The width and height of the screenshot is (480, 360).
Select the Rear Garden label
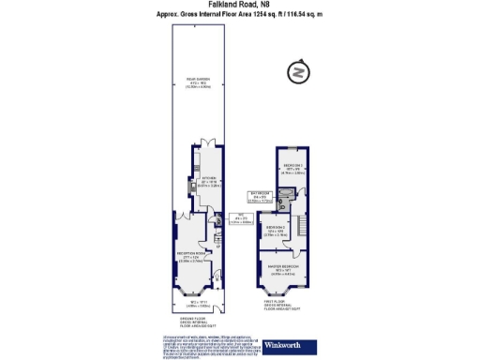196,82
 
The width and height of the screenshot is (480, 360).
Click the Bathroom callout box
260,197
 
